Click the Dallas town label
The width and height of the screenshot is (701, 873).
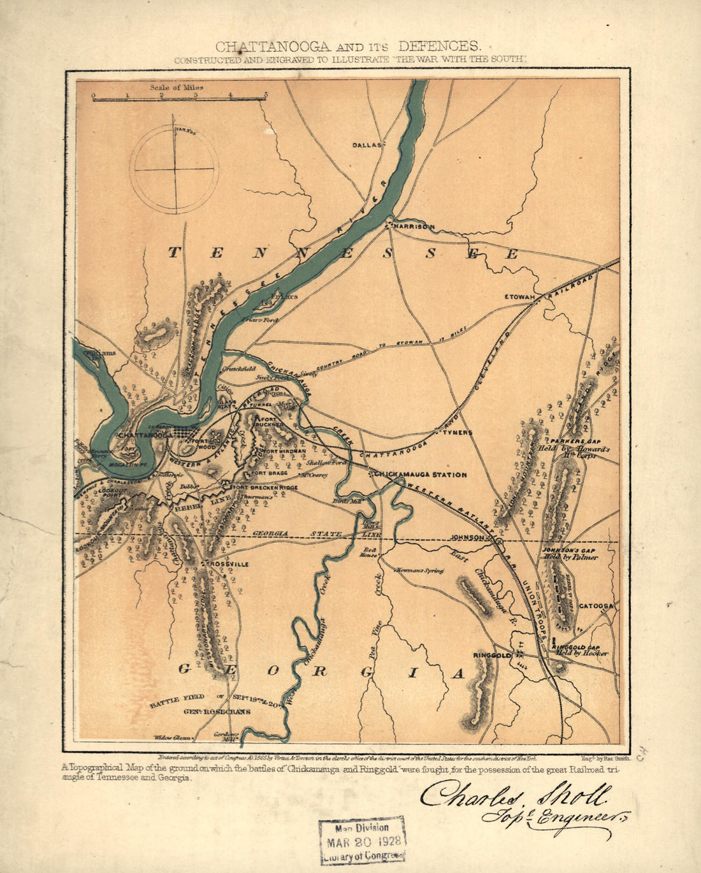tap(366, 145)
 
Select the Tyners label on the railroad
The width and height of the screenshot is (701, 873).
tap(458, 432)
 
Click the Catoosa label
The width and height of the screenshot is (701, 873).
tap(596, 606)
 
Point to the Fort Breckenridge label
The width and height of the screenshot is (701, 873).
tap(266, 487)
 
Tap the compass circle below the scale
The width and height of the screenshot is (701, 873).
tap(174, 170)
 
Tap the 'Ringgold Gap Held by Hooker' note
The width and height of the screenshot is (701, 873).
tap(581, 649)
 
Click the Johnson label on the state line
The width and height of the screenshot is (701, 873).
tap(468, 537)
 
